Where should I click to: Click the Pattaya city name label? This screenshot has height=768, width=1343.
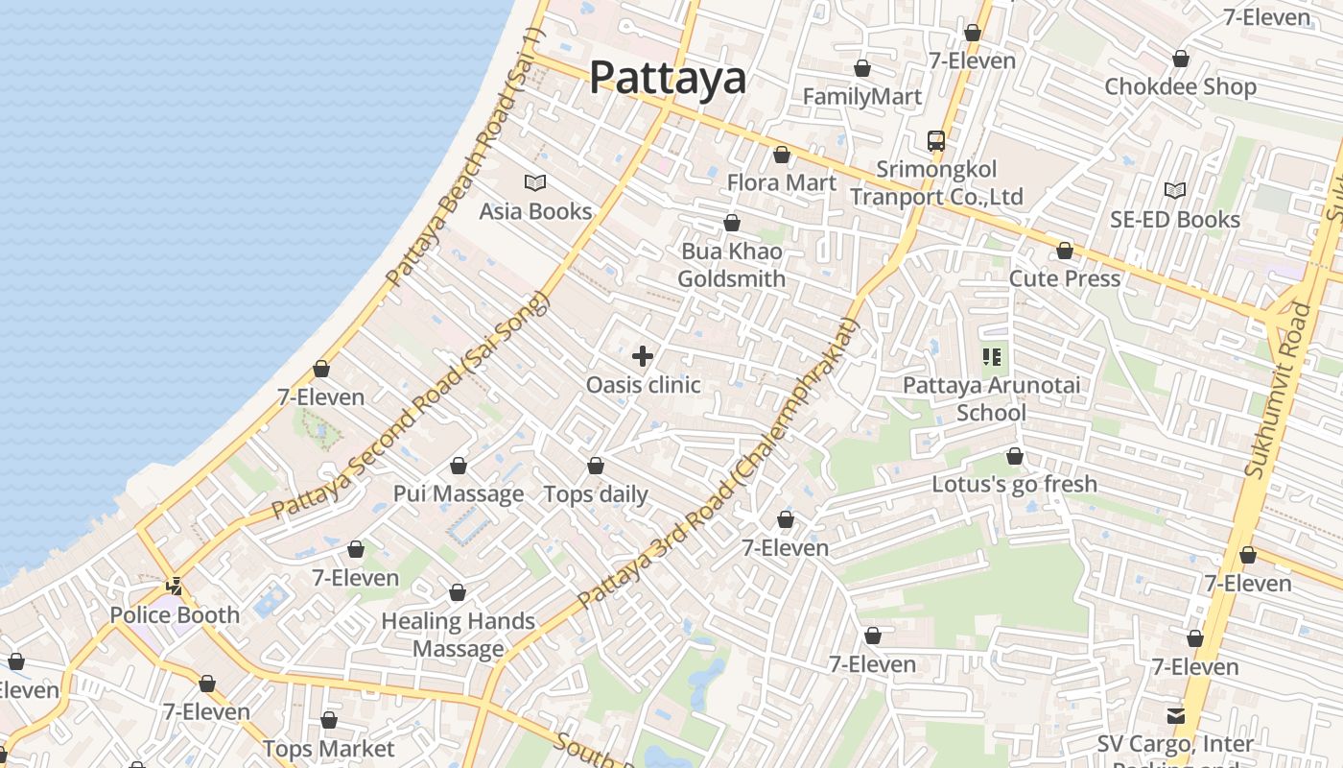[x=668, y=77]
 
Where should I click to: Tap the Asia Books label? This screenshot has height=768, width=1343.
[x=535, y=211]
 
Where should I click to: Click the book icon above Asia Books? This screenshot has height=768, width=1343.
[x=535, y=182]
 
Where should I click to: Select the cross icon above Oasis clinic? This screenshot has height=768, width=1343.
[x=643, y=357]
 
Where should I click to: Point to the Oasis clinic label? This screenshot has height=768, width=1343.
[x=644, y=385]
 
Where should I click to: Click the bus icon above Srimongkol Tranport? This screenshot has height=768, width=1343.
[x=936, y=141]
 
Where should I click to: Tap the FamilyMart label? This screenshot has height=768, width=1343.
[x=861, y=97]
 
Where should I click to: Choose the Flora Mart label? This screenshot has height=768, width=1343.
[x=782, y=182]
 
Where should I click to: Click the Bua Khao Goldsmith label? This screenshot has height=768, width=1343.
[x=732, y=265]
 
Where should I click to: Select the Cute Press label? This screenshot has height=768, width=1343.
[x=1065, y=278]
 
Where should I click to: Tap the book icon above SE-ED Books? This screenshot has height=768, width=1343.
[x=1175, y=190]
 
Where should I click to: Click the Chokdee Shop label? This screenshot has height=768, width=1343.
[x=1180, y=86]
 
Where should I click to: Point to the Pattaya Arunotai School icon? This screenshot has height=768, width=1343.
[x=992, y=357]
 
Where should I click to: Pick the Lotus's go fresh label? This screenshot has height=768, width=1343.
[x=1015, y=484]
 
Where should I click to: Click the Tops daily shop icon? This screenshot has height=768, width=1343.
[x=596, y=466]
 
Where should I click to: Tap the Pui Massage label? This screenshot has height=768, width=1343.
[x=459, y=494]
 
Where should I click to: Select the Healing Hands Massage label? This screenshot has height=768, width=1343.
[x=459, y=635]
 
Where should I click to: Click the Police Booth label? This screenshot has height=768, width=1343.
[x=175, y=615]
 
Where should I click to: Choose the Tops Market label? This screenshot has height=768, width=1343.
[x=329, y=749]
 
